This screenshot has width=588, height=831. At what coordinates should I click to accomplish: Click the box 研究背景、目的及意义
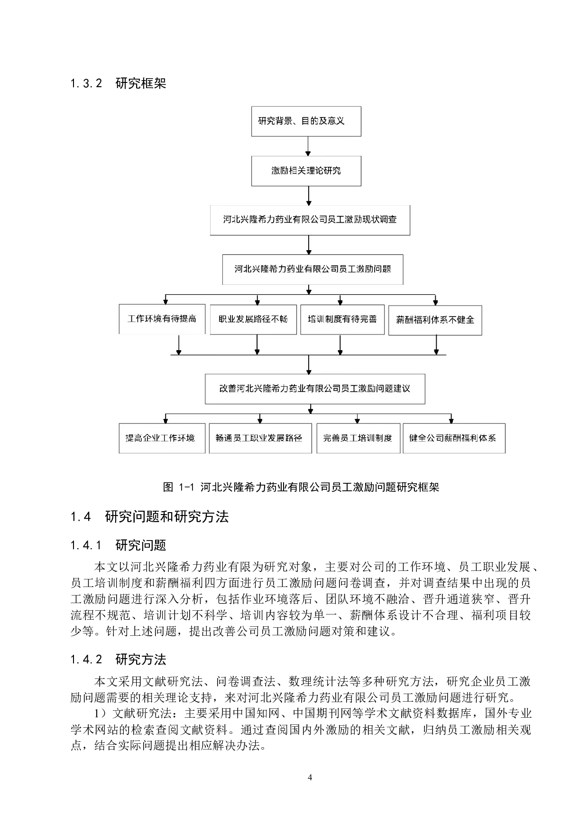click(x=306, y=121)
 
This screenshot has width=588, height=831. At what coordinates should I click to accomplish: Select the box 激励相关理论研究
click(x=306, y=171)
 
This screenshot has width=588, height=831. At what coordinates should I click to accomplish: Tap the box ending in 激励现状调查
click(x=310, y=220)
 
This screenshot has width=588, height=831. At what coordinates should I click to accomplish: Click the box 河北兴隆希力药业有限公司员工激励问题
click(x=312, y=269)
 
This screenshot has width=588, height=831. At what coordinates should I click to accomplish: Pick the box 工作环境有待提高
click(x=162, y=319)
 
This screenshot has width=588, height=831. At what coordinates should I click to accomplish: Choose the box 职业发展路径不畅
click(x=253, y=319)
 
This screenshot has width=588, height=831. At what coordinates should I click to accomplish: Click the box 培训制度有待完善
click(x=342, y=319)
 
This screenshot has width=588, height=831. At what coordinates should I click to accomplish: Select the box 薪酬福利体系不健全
click(x=435, y=320)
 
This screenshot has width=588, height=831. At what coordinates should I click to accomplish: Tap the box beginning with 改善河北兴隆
click(x=314, y=388)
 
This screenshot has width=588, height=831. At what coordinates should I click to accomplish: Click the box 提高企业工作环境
click(x=162, y=438)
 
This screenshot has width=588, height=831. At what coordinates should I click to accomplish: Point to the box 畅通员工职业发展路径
click(x=260, y=438)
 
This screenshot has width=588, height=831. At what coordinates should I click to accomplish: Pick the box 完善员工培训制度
click(x=358, y=438)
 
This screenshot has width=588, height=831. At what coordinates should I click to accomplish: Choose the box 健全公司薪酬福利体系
click(x=454, y=438)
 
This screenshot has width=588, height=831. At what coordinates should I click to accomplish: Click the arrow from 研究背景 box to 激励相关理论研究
click(x=308, y=146)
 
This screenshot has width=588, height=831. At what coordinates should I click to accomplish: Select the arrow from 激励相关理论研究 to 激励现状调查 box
click(x=309, y=195)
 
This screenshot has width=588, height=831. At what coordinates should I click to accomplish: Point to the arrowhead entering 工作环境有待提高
click(x=165, y=301)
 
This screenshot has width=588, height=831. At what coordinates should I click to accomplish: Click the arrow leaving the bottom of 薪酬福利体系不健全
click(x=436, y=345)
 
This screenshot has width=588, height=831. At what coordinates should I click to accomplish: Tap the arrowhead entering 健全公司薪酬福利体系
click(x=451, y=421)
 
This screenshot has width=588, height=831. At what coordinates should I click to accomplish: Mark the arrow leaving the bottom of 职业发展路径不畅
click(x=257, y=344)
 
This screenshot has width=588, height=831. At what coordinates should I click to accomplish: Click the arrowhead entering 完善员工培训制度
click(x=358, y=421)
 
